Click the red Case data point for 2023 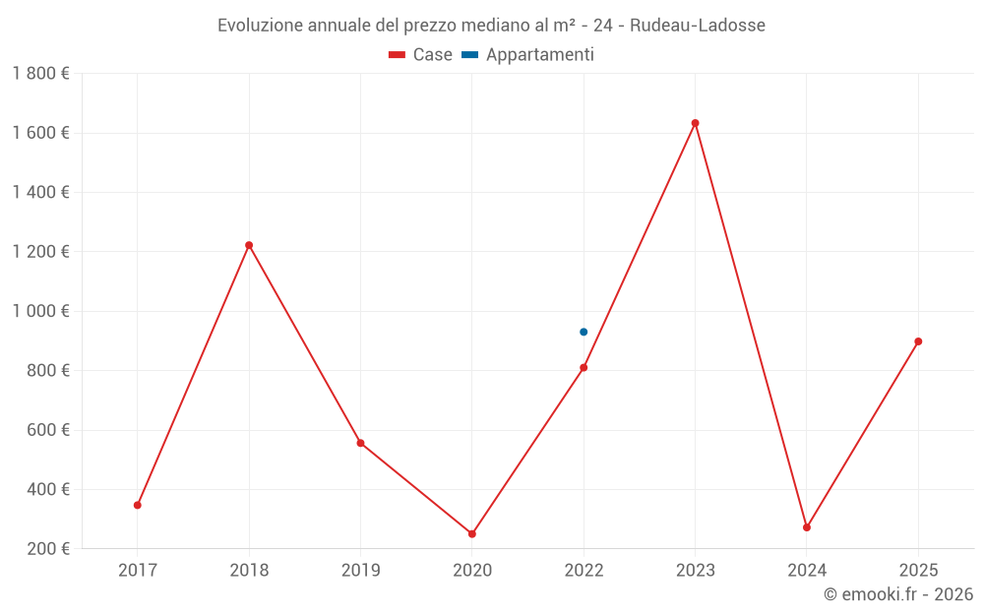[x=695, y=123]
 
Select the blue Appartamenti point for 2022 [x=584, y=332]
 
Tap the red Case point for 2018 [x=249, y=245]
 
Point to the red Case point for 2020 [x=472, y=533]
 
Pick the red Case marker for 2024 [x=807, y=527]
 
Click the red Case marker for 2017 [x=138, y=505]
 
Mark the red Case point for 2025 [x=918, y=341]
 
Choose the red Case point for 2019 [x=360, y=443]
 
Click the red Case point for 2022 [x=584, y=368]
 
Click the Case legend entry [x=421, y=55]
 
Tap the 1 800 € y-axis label [x=40, y=74]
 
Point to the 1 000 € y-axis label [x=40, y=311]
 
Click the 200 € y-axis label [x=46, y=548]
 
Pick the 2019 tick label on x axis [x=360, y=570]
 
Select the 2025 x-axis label [x=918, y=570]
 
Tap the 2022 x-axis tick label [x=584, y=570]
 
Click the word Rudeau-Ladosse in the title [x=697, y=26]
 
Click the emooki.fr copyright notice [x=898, y=594]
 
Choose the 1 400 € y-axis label [x=40, y=192]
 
